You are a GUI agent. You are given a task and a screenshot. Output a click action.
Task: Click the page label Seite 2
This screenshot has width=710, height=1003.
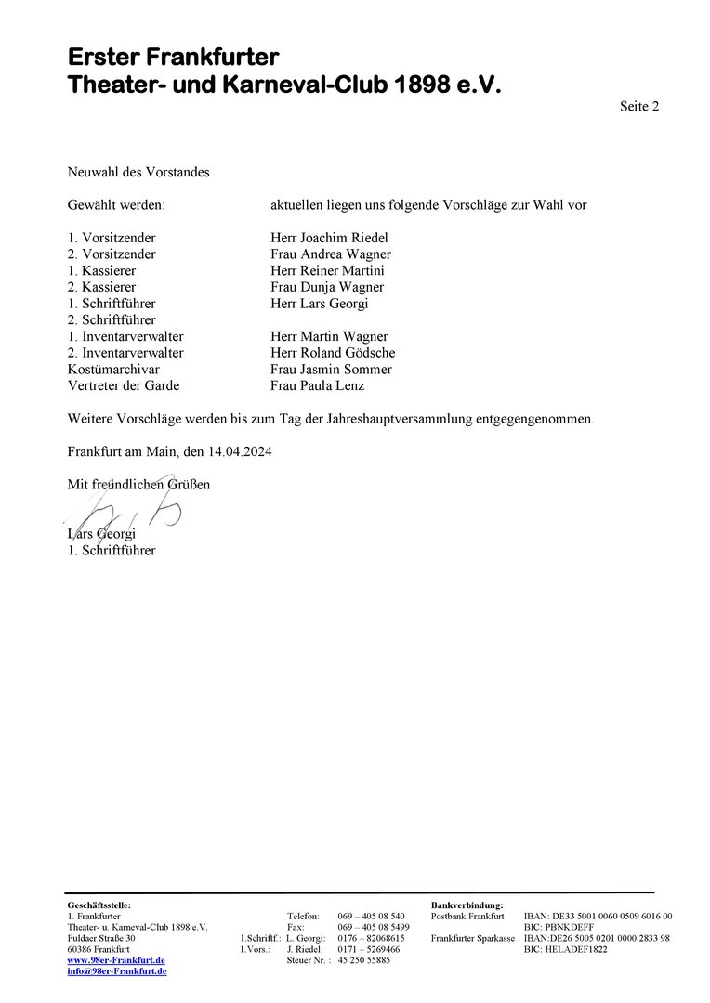pos(639,107)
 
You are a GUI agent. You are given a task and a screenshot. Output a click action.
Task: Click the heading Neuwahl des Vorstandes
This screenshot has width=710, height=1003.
pos(138,172)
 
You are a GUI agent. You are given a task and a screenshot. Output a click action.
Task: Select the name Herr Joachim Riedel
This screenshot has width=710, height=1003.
pos(329,238)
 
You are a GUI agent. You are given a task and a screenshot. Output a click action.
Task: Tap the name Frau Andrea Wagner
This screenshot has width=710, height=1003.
pos(330,254)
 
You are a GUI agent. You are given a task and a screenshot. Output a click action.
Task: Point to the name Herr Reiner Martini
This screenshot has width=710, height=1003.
pos(327,271)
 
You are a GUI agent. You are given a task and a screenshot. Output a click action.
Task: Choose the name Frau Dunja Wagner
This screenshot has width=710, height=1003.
pos(327,287)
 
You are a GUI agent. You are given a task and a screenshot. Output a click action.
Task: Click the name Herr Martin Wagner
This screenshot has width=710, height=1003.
pos(329,336)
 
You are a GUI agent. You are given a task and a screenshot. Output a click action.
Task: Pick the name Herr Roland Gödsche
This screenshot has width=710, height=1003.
pos(333,353)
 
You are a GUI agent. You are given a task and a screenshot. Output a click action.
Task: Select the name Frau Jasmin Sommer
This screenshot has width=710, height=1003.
pos(331,370)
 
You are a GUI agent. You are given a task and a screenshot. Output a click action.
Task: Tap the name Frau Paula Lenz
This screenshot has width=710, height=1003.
pos(317,385)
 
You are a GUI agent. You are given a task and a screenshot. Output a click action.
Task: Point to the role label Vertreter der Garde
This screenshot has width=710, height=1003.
pos(124,385)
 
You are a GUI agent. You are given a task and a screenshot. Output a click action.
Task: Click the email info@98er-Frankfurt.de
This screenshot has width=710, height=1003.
pos(117,971)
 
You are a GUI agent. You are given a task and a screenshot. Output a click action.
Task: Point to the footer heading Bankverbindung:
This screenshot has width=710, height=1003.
pos(467,905)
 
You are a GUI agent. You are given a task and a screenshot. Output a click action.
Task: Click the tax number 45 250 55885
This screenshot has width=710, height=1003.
pos(364,960)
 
